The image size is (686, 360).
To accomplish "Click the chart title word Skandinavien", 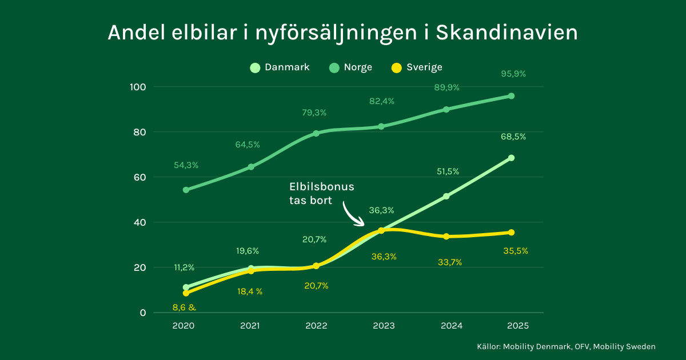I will [x=506, y=33].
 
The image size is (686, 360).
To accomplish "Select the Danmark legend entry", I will [x=280, y=67].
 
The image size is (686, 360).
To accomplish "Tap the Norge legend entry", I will [x=351, y=67].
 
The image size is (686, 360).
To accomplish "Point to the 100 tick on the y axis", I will [x=138, y=87].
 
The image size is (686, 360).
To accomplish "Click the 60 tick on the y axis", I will [x=141, y=177].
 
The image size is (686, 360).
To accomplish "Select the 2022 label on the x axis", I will [x=316, y=326].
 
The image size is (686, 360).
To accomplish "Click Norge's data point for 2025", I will [x=511, y=96].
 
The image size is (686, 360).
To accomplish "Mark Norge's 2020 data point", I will [x=186, y=190].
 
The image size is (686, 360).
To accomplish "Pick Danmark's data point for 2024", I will [x=446, y=196].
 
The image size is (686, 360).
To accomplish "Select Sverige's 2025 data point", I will [x=511, y=233].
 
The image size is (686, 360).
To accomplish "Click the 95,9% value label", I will [x=513, y=74].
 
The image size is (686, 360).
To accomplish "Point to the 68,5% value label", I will [x=513, y=137].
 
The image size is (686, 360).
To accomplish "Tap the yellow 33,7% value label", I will [x=449, y=262].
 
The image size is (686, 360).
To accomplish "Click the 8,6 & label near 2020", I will [x=184, y=307].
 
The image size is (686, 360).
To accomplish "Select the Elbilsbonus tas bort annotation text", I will [x=322, y=194].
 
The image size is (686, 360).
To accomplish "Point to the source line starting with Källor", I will [x=566, y=346].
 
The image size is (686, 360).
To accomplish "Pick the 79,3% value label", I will [x=314, y=113].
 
